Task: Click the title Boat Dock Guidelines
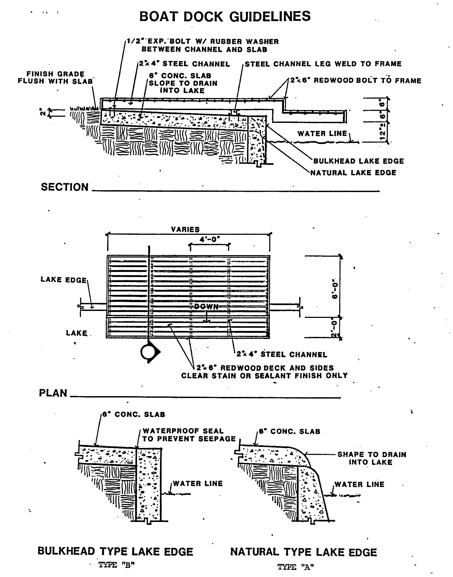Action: point(225,16)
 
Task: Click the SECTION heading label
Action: point(64,187)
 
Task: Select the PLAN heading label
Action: point(53,393)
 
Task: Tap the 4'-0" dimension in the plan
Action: point(210,239)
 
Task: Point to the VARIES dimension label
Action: point(185,229)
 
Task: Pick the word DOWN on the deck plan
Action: point(206,307)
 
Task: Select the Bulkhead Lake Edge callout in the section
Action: point(358,161)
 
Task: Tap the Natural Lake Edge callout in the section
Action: point(353,173)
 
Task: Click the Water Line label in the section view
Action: point(322,134)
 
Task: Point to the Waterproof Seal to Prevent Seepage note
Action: point(189,435)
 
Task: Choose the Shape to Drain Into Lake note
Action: point(372,458)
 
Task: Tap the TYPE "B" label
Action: point(116,565)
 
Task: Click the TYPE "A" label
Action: point(296,567)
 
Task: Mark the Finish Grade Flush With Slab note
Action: point(55,77)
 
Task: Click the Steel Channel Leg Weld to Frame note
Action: point(323,64)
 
